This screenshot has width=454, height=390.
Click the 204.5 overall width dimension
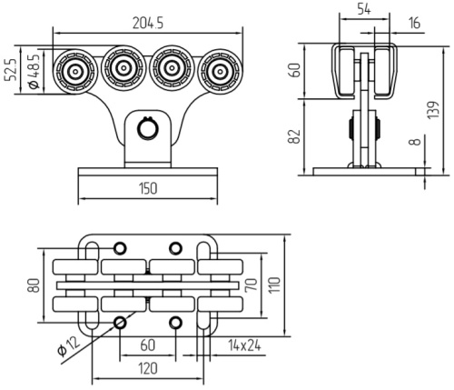point(148,23)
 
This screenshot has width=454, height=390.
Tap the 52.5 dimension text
point(12,70)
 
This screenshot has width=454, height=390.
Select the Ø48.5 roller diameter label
point(34,72)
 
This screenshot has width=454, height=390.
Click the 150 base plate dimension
point(148,188)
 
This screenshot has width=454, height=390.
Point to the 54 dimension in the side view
point(364,9)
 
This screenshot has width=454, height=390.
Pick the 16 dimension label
point(414,23)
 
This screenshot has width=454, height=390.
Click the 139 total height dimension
point(433,110)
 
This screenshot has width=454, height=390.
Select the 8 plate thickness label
point(417,142)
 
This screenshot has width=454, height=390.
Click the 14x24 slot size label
point(244,345)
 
